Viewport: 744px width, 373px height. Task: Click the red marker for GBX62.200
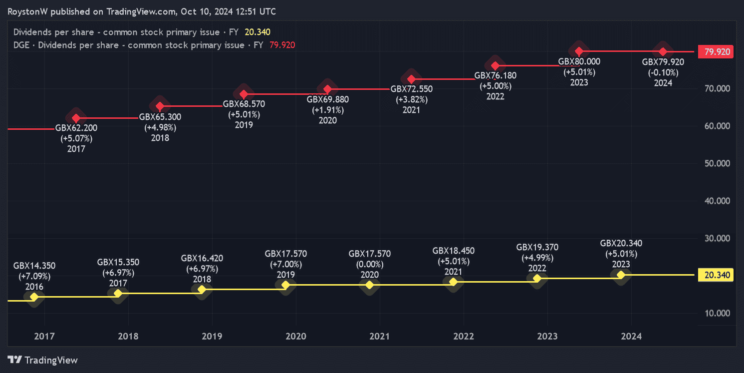tap(76, 118)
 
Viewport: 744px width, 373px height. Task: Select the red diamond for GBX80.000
tap(579, 51)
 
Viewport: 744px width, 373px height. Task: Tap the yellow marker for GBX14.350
tap(34, 297)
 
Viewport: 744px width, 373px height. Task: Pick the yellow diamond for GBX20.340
tap(621, 275)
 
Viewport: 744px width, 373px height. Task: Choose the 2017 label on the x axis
tap(44, 337)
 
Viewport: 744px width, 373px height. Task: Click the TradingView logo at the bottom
tap(43, 360)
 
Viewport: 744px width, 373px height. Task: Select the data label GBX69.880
tap(327, 99)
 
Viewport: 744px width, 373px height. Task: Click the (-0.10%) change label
tap(663, 72)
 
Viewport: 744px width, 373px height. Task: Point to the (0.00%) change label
tap(369, 264)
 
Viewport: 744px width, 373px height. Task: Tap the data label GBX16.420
tap(202, 258)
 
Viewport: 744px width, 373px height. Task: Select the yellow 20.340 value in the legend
tap(257, 32)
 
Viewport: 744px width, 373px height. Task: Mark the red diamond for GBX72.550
tap(411, 79)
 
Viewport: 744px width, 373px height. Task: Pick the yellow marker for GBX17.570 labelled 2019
tap(285, 285)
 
